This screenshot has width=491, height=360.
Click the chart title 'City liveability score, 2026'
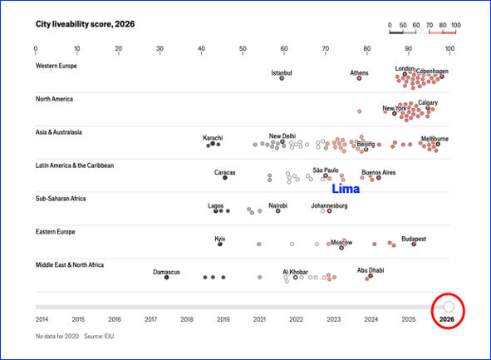[x=86, y=24]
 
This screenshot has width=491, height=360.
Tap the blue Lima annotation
[x=346, y=189]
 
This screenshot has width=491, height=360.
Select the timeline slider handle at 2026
[x=449, y=307]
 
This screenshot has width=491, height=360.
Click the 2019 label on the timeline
[x=223, y=319]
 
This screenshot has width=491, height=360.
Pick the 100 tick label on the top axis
[x=449, y=48]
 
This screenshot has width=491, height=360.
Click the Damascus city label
[x=166, y=272]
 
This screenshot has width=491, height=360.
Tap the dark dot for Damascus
[x=167, y=278]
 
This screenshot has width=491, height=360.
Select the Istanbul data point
[x=282, y=78]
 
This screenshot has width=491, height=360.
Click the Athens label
[x=359, y=72]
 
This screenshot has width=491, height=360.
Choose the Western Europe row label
[x=56, y=66]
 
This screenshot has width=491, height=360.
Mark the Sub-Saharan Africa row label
[x=61, y=199]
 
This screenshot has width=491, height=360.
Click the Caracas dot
[x=225, y=178]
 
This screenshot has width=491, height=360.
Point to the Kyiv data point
[x=220, y=244]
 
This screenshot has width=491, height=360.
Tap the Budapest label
[x=414, y=239]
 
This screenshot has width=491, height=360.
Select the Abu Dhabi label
[x=371, y=270]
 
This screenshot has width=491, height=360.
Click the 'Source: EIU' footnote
[x=99, y=336]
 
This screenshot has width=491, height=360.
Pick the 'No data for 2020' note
[x=57, y=336]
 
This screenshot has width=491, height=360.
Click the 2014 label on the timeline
[x=42, y=319]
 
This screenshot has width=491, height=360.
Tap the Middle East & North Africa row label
[x=70, y=265]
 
